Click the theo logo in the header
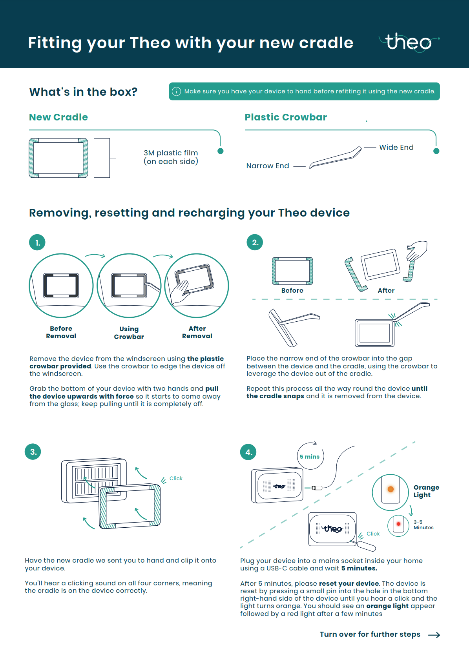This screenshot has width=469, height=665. (x=409, y=42)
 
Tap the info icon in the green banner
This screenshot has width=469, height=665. (x=177, y=91)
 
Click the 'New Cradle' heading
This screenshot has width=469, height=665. (x=58, y=117)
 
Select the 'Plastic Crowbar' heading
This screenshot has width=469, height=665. (x=286, y=117)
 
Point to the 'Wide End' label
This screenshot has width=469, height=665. (x=396, y=148)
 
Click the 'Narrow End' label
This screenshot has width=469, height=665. (x=268, y=166)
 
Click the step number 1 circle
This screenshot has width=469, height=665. (x=37, y=242)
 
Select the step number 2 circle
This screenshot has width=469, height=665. (x=255, y=242)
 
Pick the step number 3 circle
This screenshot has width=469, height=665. (x=33, y=452)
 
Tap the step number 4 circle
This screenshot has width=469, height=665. (x=248, y=452)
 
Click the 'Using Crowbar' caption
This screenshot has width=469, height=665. (x=129, y=333)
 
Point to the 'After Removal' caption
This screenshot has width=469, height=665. (x=197, y=332)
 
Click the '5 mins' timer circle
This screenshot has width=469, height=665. (x=310, y=456)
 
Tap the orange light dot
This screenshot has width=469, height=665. (x=391, y=489)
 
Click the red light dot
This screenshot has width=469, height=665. (x=398, y=524)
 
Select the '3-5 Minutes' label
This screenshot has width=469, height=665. (x=423, y=525)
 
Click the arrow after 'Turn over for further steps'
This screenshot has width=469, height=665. (x=434, y=635)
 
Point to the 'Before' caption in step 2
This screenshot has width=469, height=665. (x=292, y=290)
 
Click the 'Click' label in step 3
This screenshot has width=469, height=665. (x=176, y=478)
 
